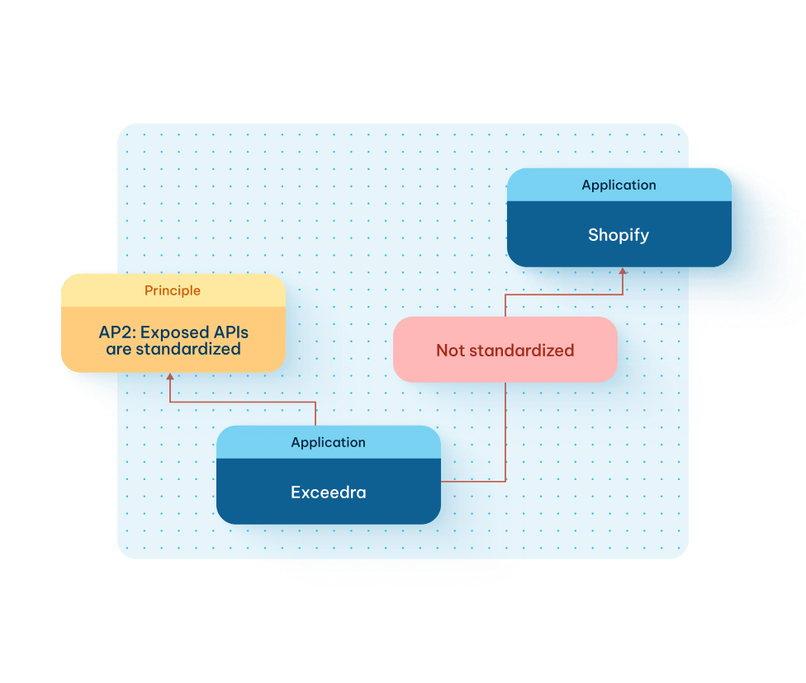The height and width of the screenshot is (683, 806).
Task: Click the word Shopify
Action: tap(619, 235)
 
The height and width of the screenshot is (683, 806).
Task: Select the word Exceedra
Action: tap(328, 492)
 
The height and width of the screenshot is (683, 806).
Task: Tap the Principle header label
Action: tap(172, 290)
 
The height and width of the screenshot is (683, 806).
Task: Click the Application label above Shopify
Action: tap(619, 185)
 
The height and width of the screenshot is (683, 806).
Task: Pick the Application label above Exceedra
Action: tap(328, 442)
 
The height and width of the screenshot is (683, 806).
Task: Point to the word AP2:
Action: tap(116, 333)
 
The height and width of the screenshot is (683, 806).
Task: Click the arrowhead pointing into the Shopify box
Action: tap(622, 271)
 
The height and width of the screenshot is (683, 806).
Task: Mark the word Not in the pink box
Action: tap(450, 350)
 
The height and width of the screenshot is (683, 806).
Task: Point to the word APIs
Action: tap(225, 333)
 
